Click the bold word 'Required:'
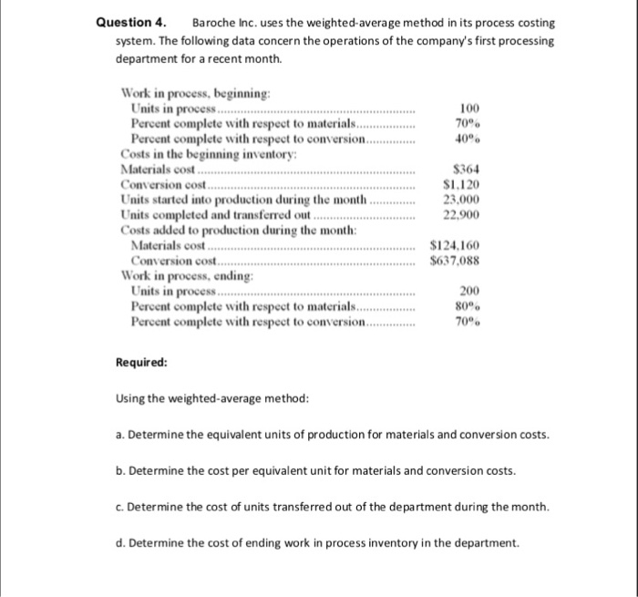pos(140,362)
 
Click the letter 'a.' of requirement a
pos(120,435)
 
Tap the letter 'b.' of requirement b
pos(120,471)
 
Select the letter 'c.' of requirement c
pos(120,507)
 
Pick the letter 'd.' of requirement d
pos(120,544)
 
